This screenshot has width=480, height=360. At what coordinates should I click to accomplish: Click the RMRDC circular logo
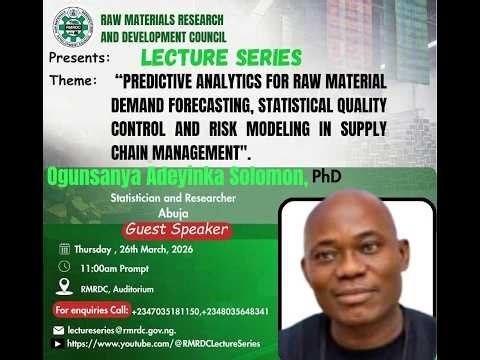coord(73,27)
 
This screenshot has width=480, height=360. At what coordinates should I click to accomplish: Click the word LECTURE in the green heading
coord(180,57)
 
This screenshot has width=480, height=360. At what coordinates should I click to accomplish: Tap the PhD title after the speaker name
coord(326,176)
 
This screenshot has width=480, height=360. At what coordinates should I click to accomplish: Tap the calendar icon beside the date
coord(65,249)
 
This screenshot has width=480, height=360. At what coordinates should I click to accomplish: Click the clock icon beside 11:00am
coord(65,267)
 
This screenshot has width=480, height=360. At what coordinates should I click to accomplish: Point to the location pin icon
coord(65,287)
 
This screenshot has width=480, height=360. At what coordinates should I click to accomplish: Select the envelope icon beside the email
coord(59,330)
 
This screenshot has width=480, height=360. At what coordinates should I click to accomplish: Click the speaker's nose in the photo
coord(354,271)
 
